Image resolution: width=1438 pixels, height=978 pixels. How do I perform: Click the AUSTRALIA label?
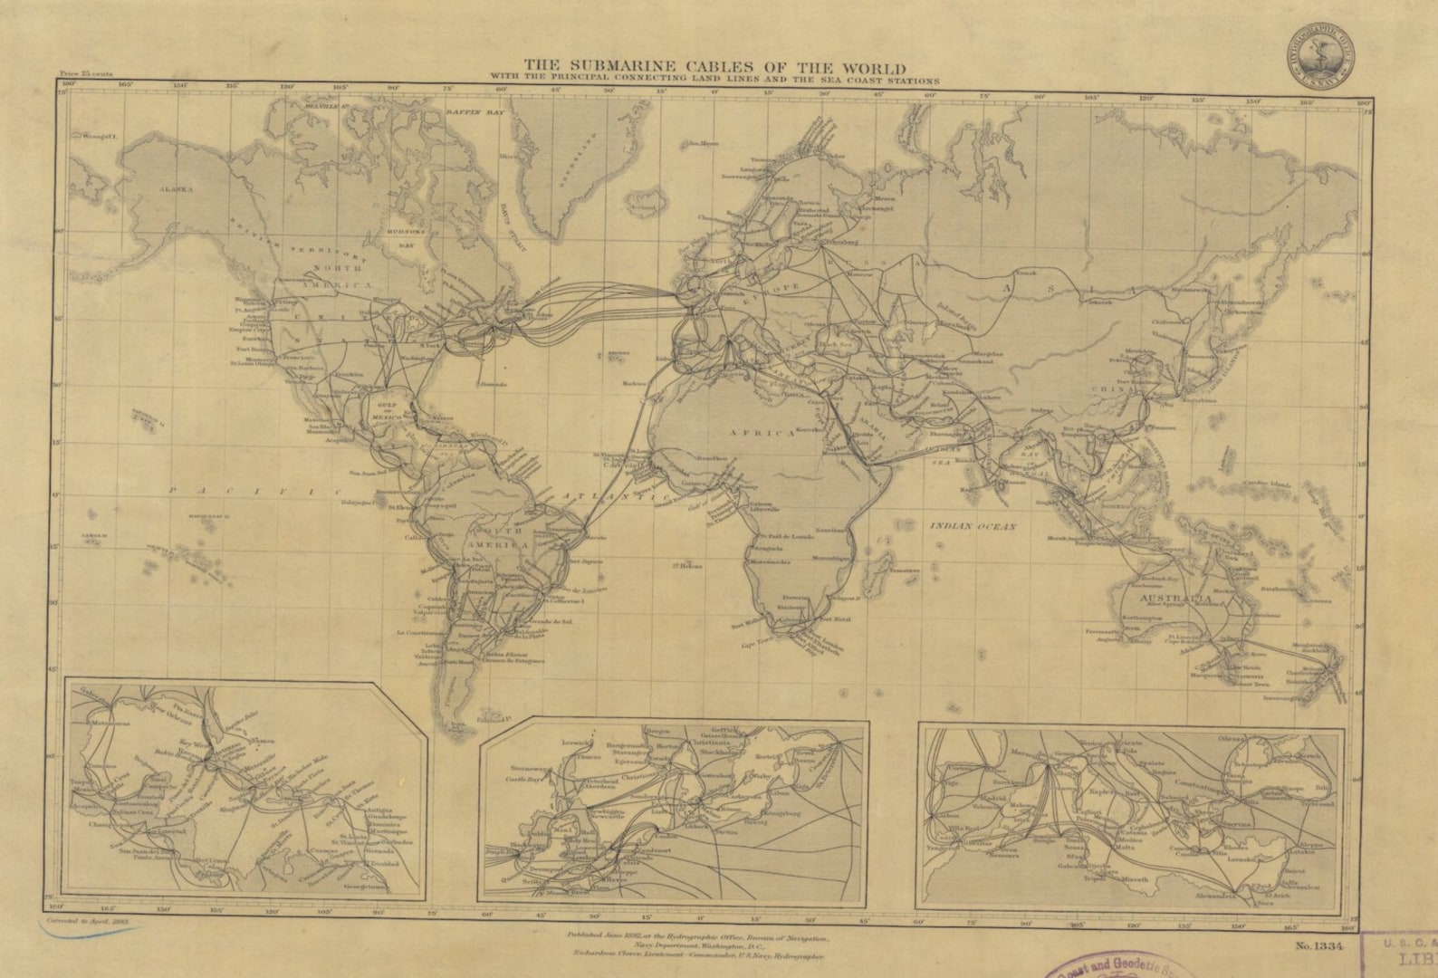(1177, 599)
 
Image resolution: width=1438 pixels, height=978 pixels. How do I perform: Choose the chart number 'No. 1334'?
(1318, 946)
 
